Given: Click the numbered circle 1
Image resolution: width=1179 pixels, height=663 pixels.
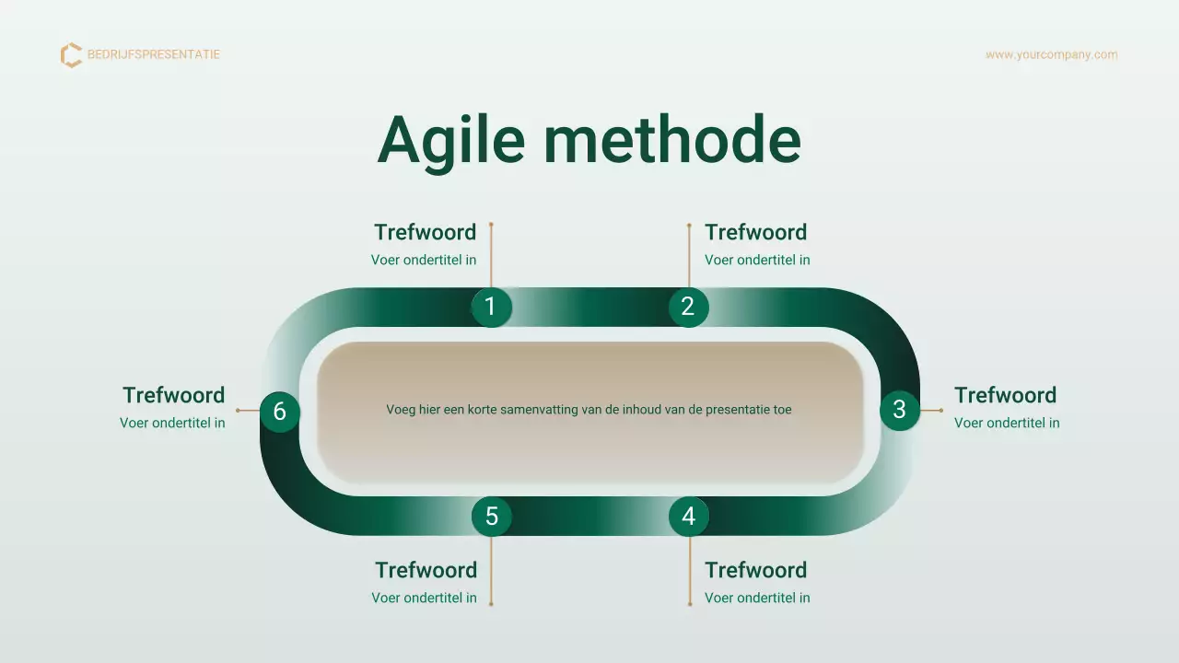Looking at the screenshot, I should pyautogui.click(x=491, y=307).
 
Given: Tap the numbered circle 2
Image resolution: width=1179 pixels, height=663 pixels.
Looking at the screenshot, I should pyautogui.click(x=688, y=307).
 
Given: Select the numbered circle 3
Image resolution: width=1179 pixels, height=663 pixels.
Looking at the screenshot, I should pyautogui.click(x=899, y=410).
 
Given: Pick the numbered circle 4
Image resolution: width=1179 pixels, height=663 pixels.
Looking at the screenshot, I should pyautogui.click(x=688, y=517).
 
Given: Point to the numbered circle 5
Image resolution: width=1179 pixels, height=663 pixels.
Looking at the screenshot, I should pyautogui.click(x=491, y=517).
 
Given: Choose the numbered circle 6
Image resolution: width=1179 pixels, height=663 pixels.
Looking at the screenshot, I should pyautogui.click(x=280, y=412).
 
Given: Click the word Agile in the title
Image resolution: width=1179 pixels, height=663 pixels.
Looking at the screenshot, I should pyautogui.click(x=450, y=141).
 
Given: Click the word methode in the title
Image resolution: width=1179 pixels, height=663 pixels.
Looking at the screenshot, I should pyautogui.click(x=671, y=140).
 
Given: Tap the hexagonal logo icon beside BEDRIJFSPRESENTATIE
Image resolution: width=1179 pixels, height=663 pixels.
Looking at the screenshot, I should pyautogui.click(x=71, y=55).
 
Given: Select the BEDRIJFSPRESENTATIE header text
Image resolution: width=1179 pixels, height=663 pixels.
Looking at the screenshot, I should pyautogui.click(x=154, y=54).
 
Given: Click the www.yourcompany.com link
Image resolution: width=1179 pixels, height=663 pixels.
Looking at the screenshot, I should pyautogui.click(x=1051, y=54).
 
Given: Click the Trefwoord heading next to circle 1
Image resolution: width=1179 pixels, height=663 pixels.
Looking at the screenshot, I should pyautogui.click(x=425, y=232).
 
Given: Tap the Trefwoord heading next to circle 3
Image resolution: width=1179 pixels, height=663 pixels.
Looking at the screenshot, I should pyautogui.click(x=1005, y=395).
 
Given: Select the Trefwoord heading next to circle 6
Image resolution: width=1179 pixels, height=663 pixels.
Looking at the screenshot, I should pyautogui.click(x=173, y=395).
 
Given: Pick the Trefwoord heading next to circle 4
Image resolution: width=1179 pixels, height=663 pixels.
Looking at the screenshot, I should pyautogui.click(x=755, y=570).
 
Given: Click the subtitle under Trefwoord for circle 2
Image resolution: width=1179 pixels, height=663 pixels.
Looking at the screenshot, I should pyautogui.click(x=757, y=260).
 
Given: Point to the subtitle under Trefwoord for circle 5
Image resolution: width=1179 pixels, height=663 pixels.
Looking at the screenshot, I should pyautogui.click(x=424, y=598).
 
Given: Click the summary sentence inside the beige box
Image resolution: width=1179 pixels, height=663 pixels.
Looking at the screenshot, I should pyautogui.click(x=589, y=410).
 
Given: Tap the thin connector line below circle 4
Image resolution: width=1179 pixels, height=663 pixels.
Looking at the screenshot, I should pyautogui.click(x=690, y=570).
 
